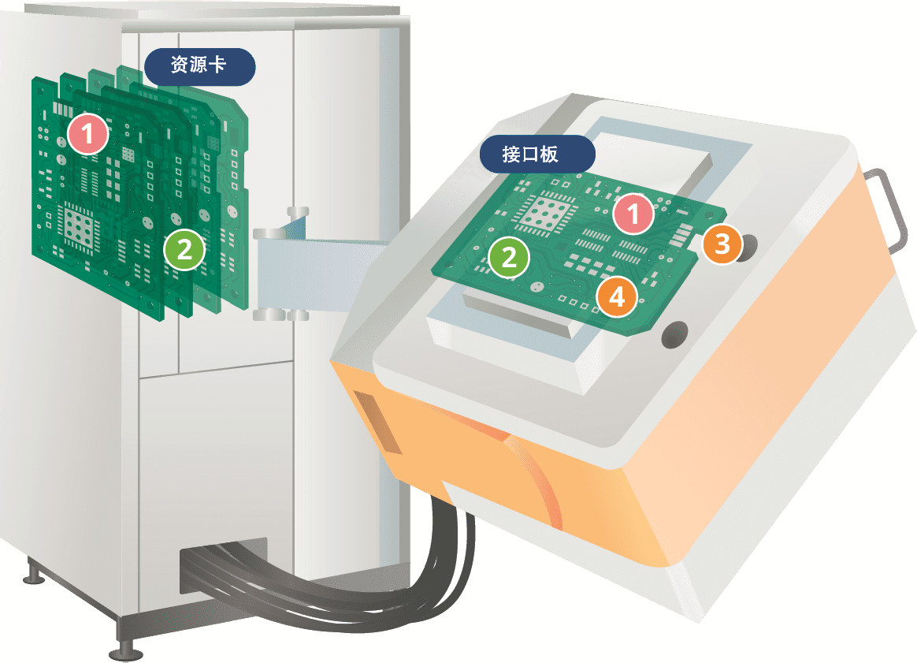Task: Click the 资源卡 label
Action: tap(199, 66)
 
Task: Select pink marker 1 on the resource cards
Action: tap(87, 134)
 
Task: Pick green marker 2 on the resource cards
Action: tap(184, 250)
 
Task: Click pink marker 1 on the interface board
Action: tap(633, 214)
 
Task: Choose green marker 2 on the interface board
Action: tap(509, 258)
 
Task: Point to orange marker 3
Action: tap(722, 244)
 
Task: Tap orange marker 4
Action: tap(617, 296)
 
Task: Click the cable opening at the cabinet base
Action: tap(222, 567)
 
